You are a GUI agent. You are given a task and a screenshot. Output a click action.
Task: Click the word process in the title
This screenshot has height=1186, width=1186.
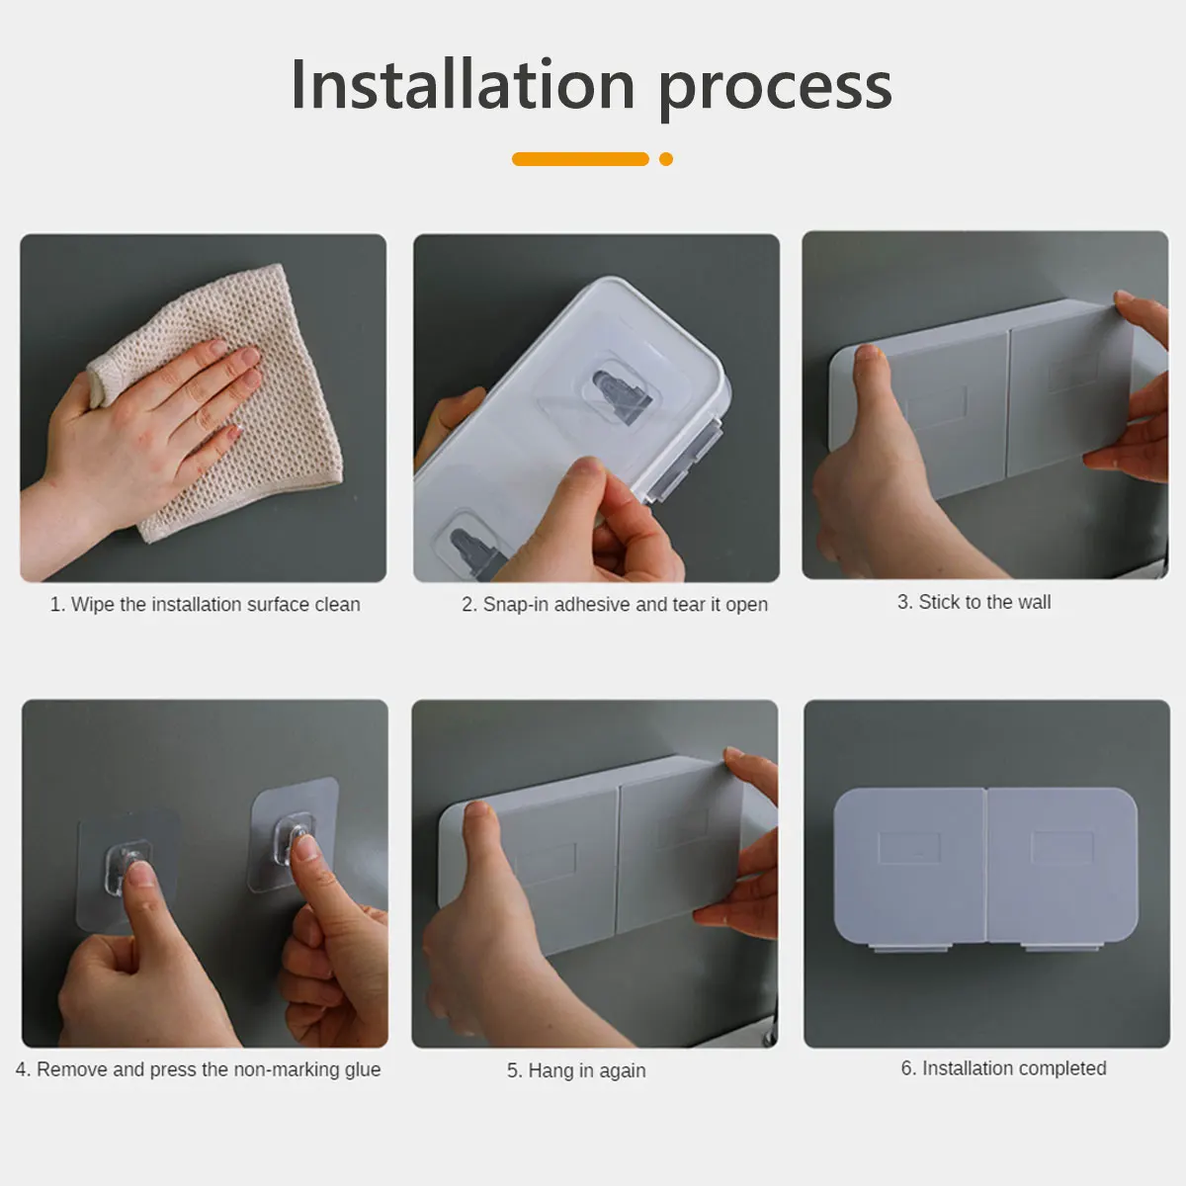pyautogui.click(x=775, y=91)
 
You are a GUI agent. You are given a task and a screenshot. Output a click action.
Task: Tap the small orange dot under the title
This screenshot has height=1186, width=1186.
pyautogui.click(x=666, y=159)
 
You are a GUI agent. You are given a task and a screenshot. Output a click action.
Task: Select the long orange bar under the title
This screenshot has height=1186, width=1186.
pyautogui.click(x=580, y=159)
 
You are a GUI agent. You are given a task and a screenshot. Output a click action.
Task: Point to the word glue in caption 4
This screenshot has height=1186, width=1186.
pyautogui.click(x=363, y=1070)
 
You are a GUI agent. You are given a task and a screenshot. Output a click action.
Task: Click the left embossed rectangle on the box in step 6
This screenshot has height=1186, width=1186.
pyautogui.click(x=909, y=848)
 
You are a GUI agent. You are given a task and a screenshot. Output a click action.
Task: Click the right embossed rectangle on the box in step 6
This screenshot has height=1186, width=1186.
pyautogui.click(x=1062, y=847)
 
